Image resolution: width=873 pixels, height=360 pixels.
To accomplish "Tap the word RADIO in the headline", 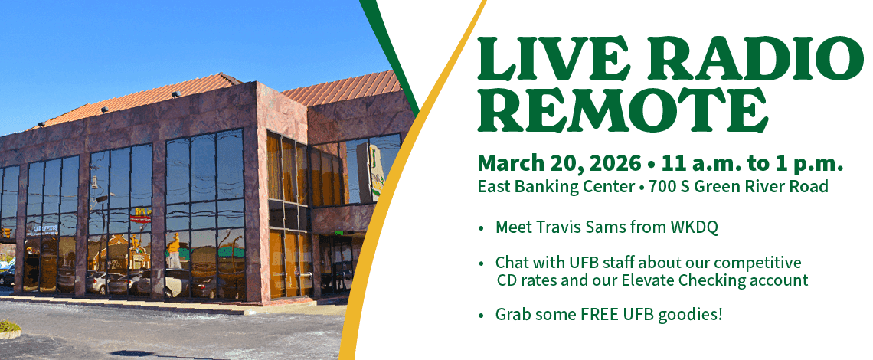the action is [x=741, y=57].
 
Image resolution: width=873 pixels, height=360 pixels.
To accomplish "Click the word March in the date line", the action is [x=508, y=164].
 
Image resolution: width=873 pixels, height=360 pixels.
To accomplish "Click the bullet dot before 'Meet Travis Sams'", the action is [x=481, y=229].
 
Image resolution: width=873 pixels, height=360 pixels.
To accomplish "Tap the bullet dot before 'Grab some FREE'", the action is [x=481, y=316].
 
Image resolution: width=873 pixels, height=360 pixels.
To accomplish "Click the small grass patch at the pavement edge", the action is [x=9, y=327].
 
